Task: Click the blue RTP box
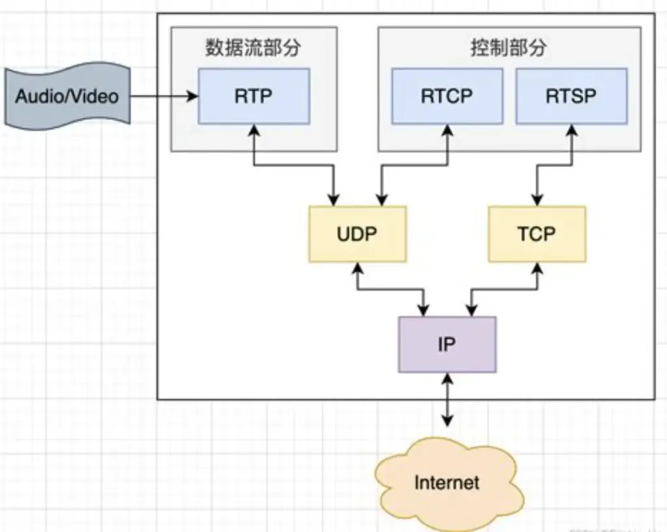pos(253,96)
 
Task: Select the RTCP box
pos(447,96)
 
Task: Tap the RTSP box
pos(571,96)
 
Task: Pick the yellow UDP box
pos(358,234)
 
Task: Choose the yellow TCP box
pos(537,234)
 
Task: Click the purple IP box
pos(447,344)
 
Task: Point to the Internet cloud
pos(447,483)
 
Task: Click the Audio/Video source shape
pos(67,96)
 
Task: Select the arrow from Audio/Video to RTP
pos(163,96)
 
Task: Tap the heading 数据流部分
pos(253,48)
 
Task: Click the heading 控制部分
pos(509,48)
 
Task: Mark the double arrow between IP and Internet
pos(447,400)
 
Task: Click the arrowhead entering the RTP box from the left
pos(193,96)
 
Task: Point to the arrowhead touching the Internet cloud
pos(447,423)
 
